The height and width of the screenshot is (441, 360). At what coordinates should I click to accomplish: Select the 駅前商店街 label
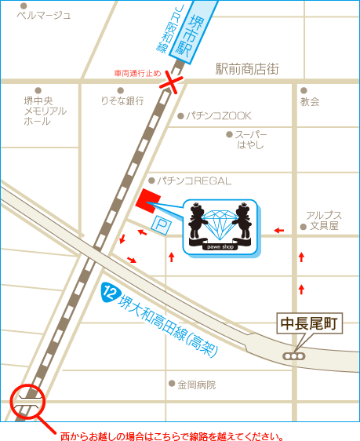point(247,69)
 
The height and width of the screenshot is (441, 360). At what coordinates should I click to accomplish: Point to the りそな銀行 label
point(122,100)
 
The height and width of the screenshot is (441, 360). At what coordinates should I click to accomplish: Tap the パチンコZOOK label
point(218,115)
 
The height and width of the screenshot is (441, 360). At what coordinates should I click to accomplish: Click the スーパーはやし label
point(251,140)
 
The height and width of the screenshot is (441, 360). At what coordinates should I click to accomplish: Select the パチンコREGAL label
point(195,180)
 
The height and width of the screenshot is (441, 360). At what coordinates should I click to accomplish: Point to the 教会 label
point(310,101)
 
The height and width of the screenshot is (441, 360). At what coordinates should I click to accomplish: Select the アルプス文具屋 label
point(323,220)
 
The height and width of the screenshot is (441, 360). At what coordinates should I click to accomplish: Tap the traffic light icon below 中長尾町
point(294,356)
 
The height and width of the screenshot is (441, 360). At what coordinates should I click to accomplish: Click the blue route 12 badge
point(110,293)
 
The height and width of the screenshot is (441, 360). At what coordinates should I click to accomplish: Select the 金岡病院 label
point(196,385)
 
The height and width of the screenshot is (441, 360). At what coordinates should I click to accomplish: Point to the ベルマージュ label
point(44,15)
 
